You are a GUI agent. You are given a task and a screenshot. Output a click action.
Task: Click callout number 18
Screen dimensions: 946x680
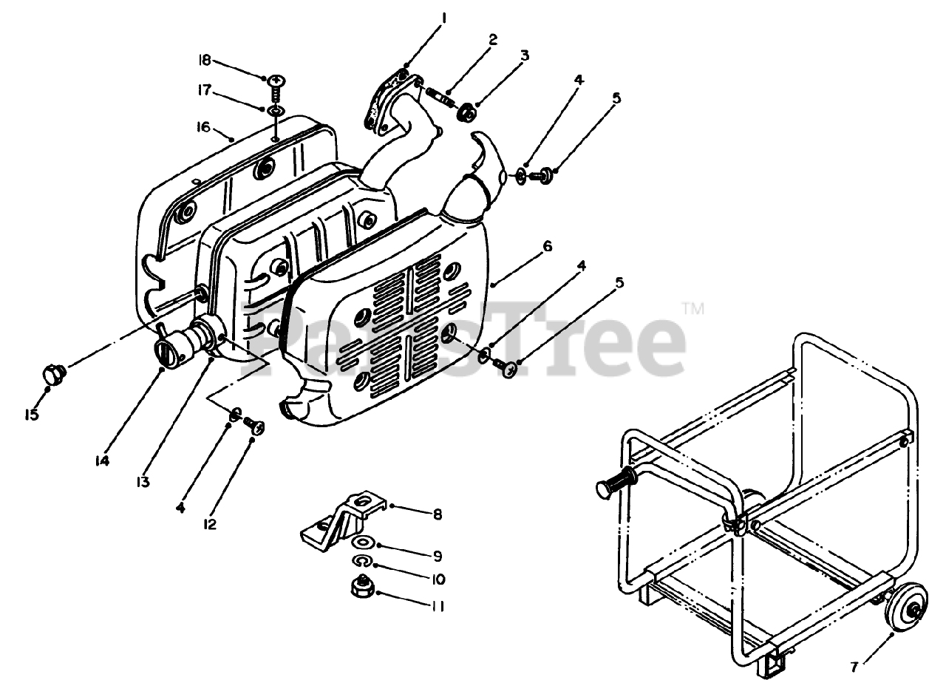click(205, 60)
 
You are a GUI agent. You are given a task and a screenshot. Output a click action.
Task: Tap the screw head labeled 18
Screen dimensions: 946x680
click(277, 79)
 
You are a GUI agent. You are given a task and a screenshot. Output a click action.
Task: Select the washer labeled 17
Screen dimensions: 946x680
click(276, 111)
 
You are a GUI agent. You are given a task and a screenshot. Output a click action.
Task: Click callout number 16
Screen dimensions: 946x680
click(203, 126)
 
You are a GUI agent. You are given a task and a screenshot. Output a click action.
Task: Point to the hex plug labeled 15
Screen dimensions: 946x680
click(54, 375)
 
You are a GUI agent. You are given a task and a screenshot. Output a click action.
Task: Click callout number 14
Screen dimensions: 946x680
click(102, 460)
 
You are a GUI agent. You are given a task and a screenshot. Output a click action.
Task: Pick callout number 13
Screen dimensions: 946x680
click(143, 481)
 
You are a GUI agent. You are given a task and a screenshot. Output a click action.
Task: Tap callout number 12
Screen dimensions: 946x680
click(209, 524)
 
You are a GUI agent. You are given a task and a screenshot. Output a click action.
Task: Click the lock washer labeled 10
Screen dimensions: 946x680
click(361, 561)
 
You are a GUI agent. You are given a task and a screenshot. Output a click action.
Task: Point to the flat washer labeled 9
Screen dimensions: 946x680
click(362, 542)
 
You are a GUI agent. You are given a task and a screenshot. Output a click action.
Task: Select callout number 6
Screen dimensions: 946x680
click(547, 246)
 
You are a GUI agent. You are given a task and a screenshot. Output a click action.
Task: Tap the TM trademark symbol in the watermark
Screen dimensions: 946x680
click(693, 309)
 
